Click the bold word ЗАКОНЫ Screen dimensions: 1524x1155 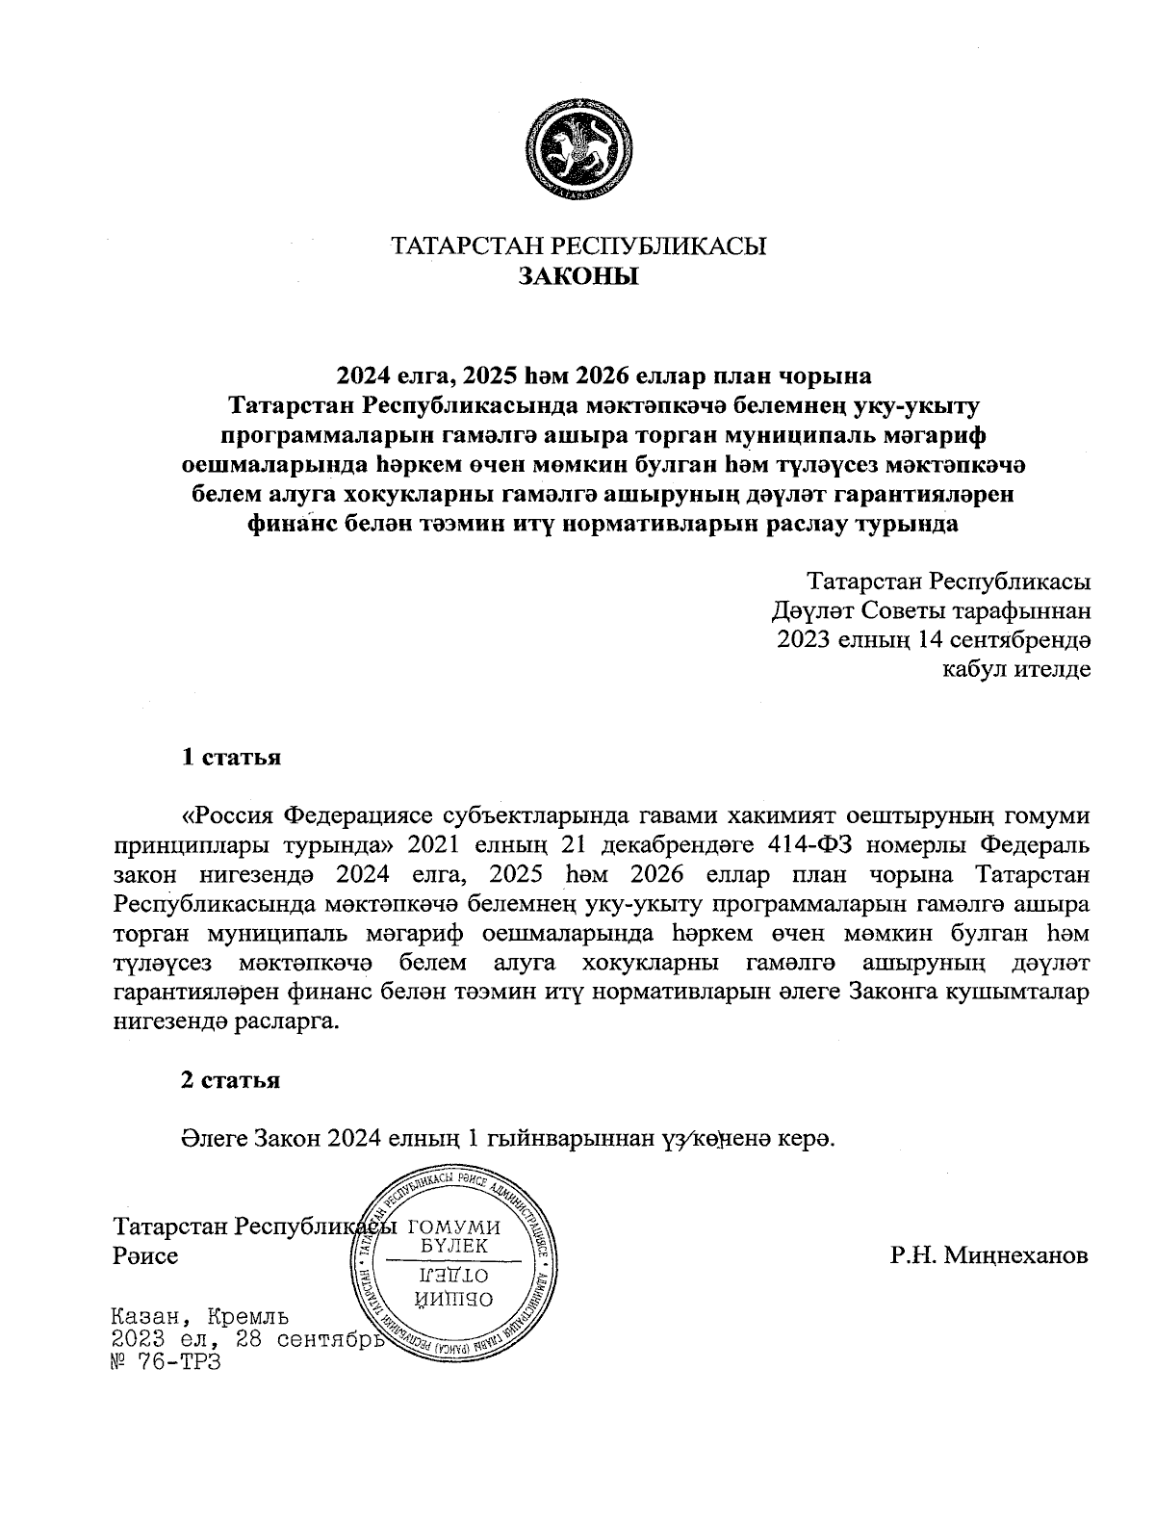point(578,277)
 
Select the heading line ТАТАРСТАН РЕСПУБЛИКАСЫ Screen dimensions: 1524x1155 point(578,246)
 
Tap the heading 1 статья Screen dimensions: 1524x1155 point(231,757)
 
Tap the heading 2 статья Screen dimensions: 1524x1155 point(231,1080)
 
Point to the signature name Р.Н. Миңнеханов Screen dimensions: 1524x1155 point(989,1255)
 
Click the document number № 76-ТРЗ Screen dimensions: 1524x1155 point(167,1363)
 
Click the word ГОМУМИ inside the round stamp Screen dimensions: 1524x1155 point(454,1227)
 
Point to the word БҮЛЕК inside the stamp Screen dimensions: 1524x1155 point(455,1247)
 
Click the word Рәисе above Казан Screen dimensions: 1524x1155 point(145,1256)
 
